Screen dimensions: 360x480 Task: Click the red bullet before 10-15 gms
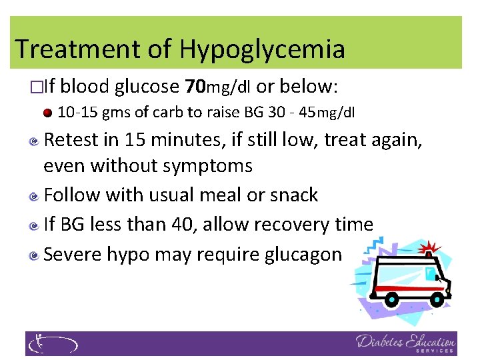(47, 112)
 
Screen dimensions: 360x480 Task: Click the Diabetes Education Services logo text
(405, 343)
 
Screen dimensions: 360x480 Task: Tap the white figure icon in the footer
(40, 343)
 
